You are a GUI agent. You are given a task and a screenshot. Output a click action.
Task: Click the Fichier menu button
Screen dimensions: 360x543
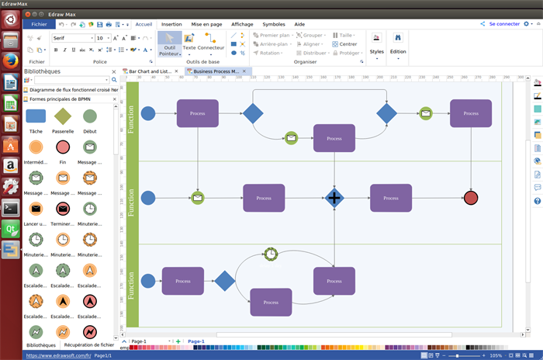point(39,24)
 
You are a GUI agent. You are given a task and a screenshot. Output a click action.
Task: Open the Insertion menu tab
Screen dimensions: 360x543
point(171,24)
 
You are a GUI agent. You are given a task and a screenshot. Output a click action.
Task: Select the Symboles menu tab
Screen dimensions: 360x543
point(274,24)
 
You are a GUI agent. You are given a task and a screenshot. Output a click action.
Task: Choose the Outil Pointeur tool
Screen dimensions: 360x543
point(169,43)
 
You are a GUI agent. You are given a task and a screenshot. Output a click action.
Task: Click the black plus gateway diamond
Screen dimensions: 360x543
point(334,198)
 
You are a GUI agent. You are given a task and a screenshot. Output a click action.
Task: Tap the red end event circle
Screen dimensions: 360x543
point(471,198)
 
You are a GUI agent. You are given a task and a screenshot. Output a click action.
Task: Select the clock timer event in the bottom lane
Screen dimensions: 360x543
point(271,254)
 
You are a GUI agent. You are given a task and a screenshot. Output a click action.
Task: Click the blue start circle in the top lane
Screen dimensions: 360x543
point(147,114)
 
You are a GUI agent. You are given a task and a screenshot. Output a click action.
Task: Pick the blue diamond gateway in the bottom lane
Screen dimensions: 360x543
point(225,281)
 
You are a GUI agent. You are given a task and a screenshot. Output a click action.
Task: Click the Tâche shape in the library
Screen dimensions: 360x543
point(36,116)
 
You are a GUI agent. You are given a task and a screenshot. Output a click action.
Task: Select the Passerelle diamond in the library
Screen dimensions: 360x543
point(63,116)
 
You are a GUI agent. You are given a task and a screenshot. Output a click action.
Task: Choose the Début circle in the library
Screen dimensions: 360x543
point(90,116)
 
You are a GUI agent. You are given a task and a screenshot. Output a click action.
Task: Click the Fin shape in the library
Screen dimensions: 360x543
point(63,147)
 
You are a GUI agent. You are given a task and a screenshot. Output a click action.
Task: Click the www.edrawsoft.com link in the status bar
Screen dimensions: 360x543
point(58,355)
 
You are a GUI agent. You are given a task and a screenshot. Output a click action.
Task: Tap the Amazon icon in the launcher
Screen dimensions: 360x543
point(10,165)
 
